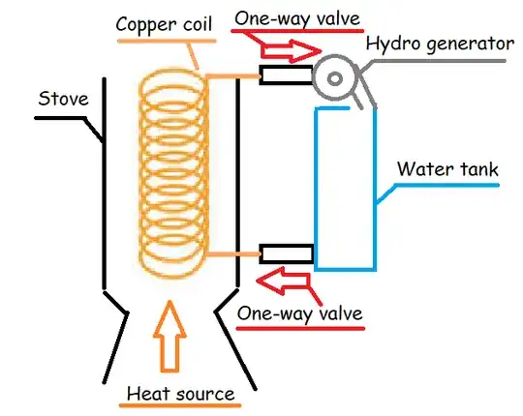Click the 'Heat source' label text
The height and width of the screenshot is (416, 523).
[x=182, y=393]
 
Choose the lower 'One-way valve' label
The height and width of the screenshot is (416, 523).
[x=300, y=313]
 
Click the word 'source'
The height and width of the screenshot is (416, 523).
[x=207, y=393]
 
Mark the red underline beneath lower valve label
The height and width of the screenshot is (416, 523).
[x=300, y=329]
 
